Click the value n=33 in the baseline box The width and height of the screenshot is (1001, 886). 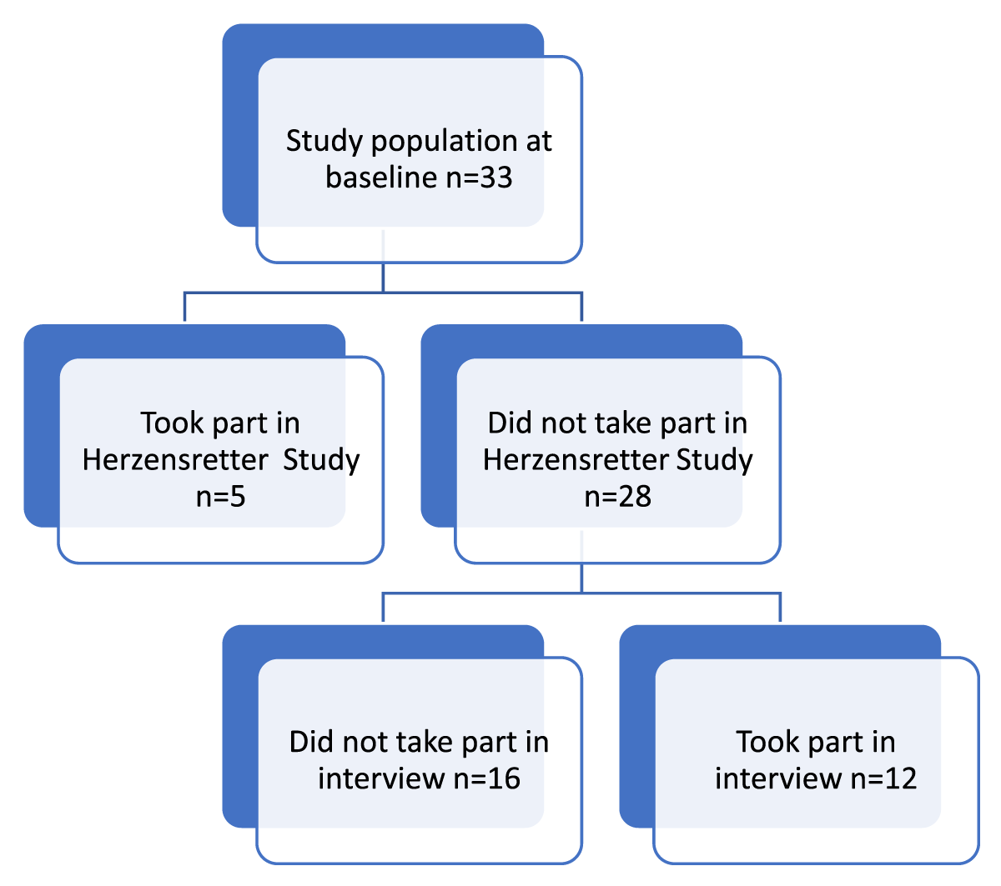coord(478,178)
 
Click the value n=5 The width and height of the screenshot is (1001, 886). coord(220,497)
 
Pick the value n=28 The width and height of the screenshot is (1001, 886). coord(617,497)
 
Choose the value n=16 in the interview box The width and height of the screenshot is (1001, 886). coord(486,778)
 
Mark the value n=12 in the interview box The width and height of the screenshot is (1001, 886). coord(883,778)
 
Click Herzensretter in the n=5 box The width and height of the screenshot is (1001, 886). coord(175,460)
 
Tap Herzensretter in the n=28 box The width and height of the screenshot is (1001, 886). coord(576,460)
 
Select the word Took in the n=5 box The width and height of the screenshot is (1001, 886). coord(172,423)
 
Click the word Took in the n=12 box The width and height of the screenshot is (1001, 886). coord(767,742)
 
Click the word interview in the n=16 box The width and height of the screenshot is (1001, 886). coord(381,778)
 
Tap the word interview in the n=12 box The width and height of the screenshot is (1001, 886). coord(778,778)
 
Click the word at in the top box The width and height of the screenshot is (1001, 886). coord(539,143)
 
